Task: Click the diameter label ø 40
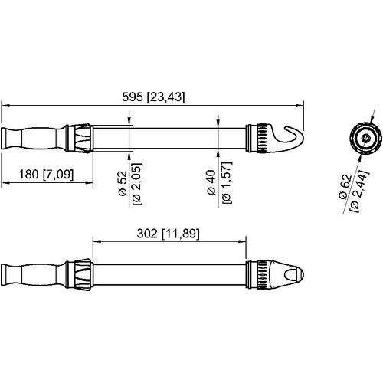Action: click(x=211, y=187)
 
